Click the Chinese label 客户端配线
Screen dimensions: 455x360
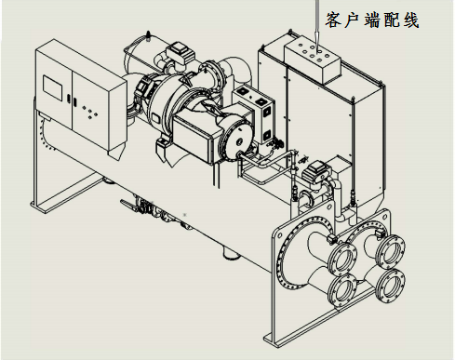tap(372, 20)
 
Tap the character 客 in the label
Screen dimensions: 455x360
tap(333, 20)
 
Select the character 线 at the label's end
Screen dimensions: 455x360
tap(411, 20)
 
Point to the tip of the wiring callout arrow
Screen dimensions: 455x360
tap(318, 48)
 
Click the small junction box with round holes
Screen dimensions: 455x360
tap(313, 59)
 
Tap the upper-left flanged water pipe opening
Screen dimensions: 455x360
tap(342, 259)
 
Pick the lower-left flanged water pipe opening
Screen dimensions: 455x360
tap(342, 290)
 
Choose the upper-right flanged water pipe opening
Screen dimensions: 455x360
tap(390, 250)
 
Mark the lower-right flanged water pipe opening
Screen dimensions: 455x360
tap(390, 284)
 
